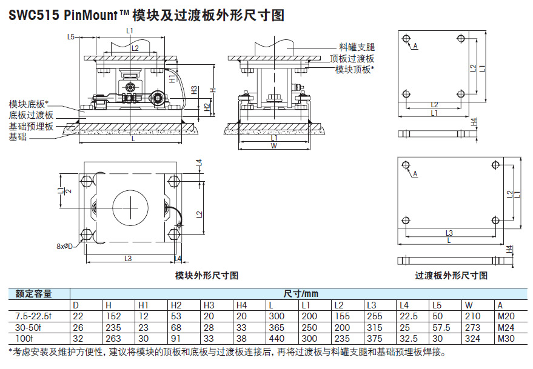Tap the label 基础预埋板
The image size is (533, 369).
tap(31, 126)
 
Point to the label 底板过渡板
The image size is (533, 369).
tap(31, 115)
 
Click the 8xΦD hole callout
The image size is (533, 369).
tap(64, 246)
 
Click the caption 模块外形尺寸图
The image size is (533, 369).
tap(207, 275)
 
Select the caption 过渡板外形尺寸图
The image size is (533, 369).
tap(451, 275)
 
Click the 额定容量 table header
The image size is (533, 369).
tap(34, 294)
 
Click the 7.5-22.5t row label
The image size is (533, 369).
tap(34, 316)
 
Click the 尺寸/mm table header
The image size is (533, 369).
tap(301, 294)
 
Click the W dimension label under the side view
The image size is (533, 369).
tap(274, 146)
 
